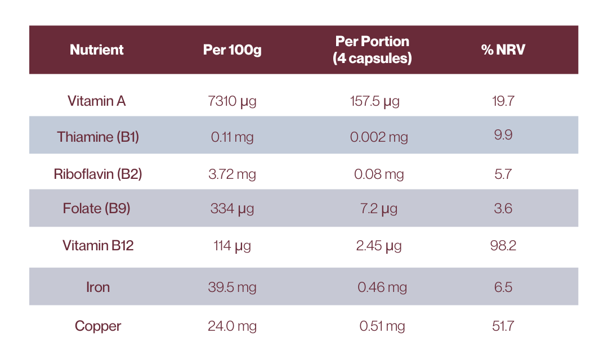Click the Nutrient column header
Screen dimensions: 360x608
click(x=97, y=49)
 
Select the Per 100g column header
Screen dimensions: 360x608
click(x=232, y=49)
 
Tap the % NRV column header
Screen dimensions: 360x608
click(x=503, y=49)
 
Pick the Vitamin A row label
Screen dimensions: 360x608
click(x=97, y=101)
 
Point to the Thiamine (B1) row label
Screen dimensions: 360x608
click(x=98, y=137)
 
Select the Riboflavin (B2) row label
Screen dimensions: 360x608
click(x=98, y=174)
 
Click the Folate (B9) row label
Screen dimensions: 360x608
click(x=97, y=209)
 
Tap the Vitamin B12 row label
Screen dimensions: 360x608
click(x=98, y=246)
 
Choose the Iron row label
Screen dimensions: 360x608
click(x=98, y=287)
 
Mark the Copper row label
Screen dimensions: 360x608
click(x=98, y=326)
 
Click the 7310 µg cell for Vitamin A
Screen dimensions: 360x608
click(x=232, y=102)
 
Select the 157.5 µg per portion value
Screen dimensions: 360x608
click(x=374, y=102)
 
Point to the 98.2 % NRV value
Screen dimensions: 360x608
click(x=503, y=246)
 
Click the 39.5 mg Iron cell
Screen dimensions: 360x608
click(x=232, y=287)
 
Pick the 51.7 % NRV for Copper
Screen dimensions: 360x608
click(x=503, y=326)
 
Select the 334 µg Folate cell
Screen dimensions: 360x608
click(x=232, y=209)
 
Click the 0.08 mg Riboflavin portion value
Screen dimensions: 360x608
click(x=379, y=174)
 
